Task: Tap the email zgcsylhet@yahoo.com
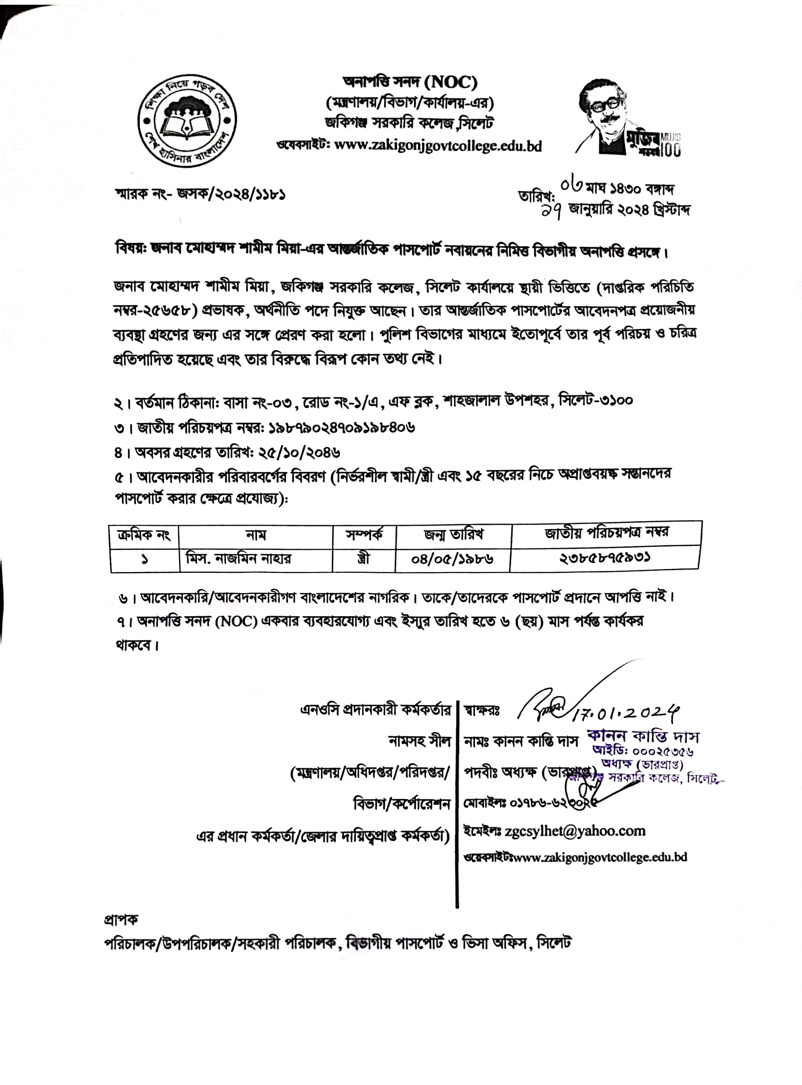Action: [x=575, y=831]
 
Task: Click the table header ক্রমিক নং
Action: [x=144, y=536]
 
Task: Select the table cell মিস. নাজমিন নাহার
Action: [x=239, y=559]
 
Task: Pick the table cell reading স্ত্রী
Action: [x=363, y=559]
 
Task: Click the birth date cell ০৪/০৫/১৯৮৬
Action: [x=452, y=559]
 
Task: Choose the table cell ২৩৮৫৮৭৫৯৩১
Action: [x=605, y=558]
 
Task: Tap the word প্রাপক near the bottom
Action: [x=121, y=919]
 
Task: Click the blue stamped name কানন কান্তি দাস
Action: [x=643, y=736]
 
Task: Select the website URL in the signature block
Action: [x=600, y=858]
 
